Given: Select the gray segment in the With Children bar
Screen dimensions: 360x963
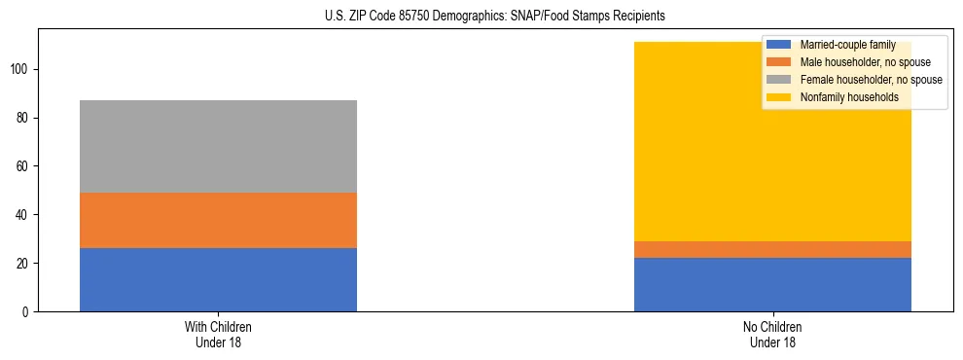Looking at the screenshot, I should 218,146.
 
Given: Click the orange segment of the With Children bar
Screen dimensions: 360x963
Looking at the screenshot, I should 218,220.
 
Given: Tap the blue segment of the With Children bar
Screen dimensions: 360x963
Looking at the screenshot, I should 218,280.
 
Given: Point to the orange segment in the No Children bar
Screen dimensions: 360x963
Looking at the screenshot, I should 772,249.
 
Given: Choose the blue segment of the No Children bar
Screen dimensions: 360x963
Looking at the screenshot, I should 772,284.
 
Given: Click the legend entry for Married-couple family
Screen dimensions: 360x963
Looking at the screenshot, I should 846,45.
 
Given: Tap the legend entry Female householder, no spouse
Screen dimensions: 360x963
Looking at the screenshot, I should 870,80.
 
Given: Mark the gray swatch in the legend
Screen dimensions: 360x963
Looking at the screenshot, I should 779,80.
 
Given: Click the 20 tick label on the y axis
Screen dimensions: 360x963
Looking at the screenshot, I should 24,264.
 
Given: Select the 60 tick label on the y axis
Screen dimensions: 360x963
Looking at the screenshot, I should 24,166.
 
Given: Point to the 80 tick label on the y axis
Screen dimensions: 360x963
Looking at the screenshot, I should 24,118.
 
